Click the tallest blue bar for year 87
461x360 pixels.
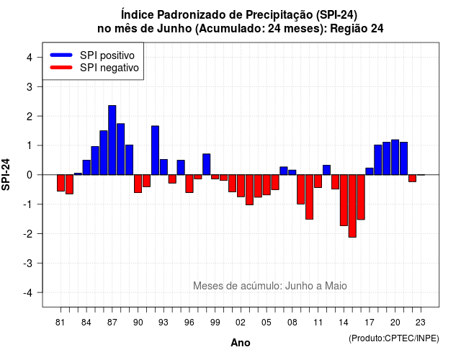(112, 140)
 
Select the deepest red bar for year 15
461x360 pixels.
(352, 206)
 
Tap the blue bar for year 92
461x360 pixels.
(156, 150)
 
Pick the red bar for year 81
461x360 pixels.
(61, 183)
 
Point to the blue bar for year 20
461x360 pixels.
(395, 157)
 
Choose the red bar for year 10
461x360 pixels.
(309, 197)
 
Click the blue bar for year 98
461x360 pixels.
(207, 164)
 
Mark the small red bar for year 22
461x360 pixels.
(412, 179)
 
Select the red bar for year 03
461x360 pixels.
(249, 190)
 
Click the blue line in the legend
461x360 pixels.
(61, 55)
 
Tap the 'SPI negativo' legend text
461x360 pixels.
(109, 68)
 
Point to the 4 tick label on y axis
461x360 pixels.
(30, 58)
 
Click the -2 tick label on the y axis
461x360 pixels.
(28, 233)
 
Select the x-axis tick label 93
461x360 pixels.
(164, 323)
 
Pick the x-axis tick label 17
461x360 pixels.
(370, 323)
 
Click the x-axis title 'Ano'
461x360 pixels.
(241, 343)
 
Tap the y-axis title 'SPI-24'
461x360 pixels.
(6, 174)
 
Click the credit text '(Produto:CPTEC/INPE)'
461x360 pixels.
(394, 338)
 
